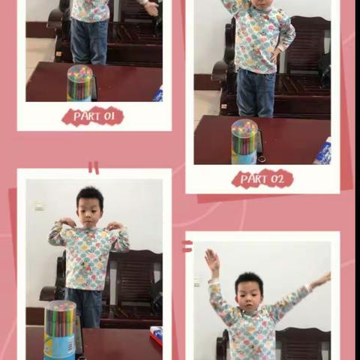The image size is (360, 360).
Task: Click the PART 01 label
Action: click(x=93, y=116)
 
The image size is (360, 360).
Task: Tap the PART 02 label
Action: click(x=262, y=178)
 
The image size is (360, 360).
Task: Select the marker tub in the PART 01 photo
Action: click(x=80, y=83)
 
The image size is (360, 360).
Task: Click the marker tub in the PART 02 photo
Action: click(x=244, y=142)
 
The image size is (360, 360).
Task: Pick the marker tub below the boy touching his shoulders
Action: click(x=60, y=330)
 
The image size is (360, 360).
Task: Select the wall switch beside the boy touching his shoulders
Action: click(x=39, y=205)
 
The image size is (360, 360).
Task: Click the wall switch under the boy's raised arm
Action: click(x=197, y=282)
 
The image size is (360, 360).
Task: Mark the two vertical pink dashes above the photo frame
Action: click(x=94, y=168)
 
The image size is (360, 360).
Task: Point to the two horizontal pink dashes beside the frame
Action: click(x=187, y=246)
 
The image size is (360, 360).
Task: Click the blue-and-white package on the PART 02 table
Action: click(x=324, y=151)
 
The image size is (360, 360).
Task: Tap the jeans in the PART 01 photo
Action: click(x=89, y=41)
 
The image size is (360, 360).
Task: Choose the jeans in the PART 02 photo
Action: click(x=256, y=93)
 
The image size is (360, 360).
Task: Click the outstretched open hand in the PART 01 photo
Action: click(x=151, y=8)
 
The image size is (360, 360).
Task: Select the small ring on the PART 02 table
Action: click(x=262, y=159)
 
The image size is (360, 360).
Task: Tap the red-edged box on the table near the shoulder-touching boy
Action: click(x=157, y=334)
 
